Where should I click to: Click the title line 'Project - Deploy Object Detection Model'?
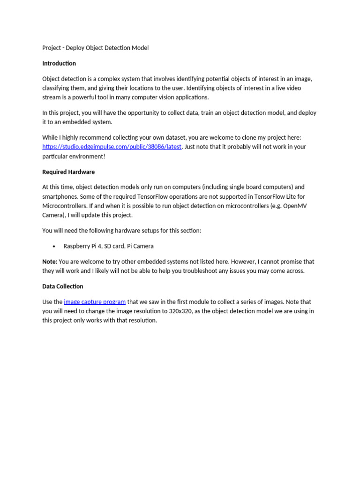95,48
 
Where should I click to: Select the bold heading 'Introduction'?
59,63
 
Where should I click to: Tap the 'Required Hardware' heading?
68,172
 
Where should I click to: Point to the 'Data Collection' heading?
63,286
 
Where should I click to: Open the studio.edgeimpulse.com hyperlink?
112,147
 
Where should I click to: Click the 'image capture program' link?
95,302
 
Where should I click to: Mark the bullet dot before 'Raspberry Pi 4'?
54,247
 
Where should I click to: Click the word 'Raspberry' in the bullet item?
77,246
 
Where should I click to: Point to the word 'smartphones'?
59,197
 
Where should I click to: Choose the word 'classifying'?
57,88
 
